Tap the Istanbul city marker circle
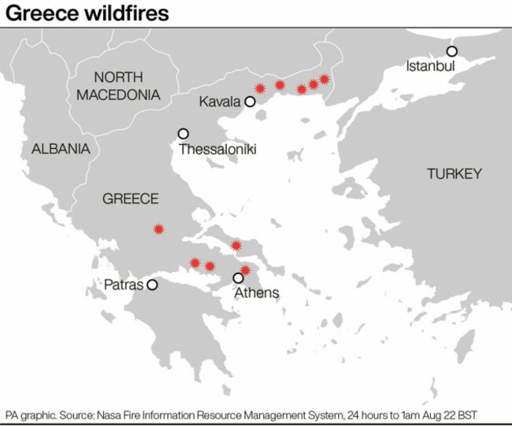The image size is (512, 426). pyautogui.click(x=453, y=51)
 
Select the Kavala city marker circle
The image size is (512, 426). pyautogui.click(x=250, y=102)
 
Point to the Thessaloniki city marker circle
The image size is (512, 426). pyautogui.click(x=184, y=134)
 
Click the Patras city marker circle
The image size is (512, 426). pyautogui.click(x=153, y=285)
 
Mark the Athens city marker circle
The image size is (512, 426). pyautogui.click(x=239, y=278)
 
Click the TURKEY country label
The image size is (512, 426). pyautogui.click(x=454, y=174)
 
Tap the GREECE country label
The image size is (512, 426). pyautogui.click(x=131, y=199)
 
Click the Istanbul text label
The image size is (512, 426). pyautogui.click(x=431, y=66)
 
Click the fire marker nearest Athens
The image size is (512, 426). pyautogui.click(x=245, y=270)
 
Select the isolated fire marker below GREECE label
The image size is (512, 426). pyautogui.click(x=159, y=228)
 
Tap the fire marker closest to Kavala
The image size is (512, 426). pyautogui.click(x=260, y=88)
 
